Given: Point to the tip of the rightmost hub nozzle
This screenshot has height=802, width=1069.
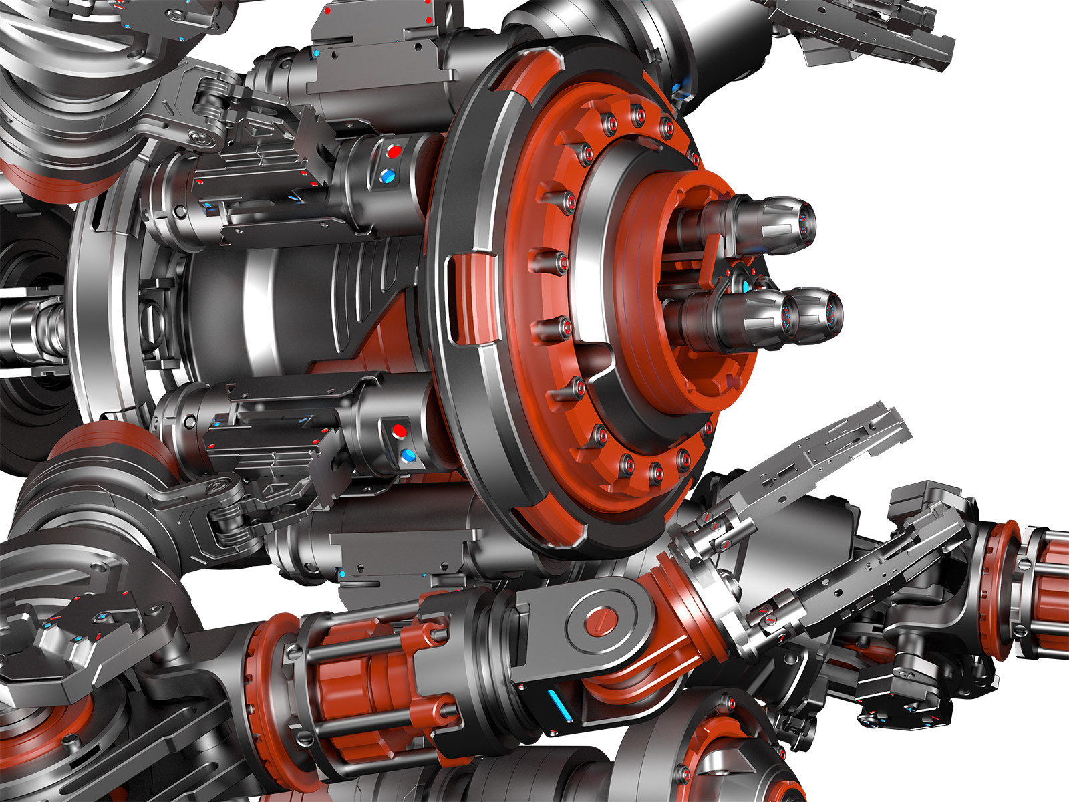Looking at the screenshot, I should click(x=832, y=311).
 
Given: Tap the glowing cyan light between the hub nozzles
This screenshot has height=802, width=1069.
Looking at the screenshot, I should click(x=747, y=285).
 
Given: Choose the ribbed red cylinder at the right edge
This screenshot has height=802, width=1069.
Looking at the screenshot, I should click(x=1046, y=581).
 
